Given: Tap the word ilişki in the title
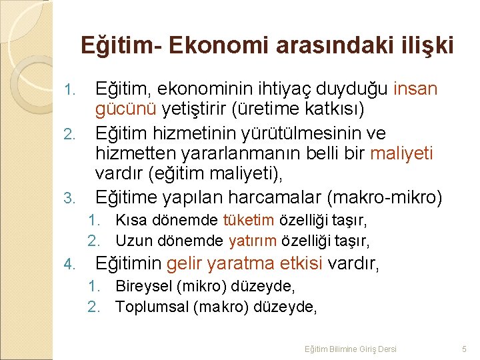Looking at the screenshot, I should (425, 45).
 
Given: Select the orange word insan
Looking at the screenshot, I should (415, 89).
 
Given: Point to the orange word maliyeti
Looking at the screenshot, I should (401, 154).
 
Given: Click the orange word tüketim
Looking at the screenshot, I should (249, 220).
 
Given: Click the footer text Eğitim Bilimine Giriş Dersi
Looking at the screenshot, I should (350, 349).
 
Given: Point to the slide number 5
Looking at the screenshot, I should (464, 349).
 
